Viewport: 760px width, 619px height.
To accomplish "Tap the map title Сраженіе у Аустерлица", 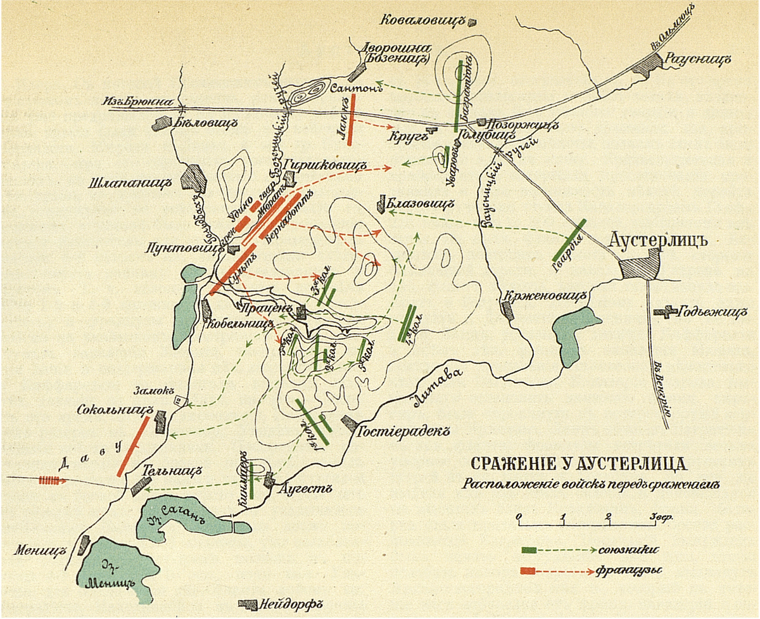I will click(x=576, y=463).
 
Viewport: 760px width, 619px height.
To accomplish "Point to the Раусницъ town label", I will click(x=698, y=59).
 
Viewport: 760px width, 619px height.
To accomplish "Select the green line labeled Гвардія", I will click(x=569, y=240).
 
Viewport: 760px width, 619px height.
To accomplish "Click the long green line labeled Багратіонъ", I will click(x=458, y=95).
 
